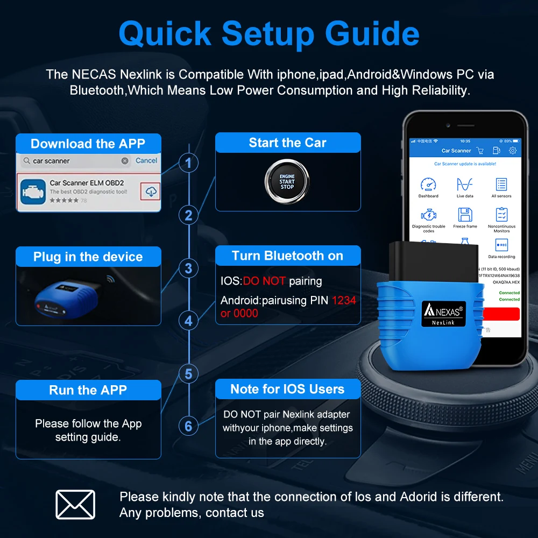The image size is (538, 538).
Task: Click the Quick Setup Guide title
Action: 268,33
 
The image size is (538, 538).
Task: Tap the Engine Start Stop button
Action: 287,182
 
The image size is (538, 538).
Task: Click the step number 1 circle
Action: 188,162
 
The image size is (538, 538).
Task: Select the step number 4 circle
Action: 188,321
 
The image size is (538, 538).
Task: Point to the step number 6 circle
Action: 188,426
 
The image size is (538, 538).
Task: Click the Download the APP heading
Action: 88,144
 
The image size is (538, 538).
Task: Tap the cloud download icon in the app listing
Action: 152,192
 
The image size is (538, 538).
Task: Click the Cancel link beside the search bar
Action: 146,160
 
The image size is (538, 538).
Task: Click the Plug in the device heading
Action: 88,257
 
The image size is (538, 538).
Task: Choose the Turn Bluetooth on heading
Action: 287,256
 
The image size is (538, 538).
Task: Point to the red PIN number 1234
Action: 344,300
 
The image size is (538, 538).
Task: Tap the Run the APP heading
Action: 88,390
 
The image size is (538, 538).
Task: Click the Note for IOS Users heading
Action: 287,389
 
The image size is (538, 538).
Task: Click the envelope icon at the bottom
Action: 75,505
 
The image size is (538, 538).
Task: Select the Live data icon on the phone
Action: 465,184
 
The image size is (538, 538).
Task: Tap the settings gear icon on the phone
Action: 513,151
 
